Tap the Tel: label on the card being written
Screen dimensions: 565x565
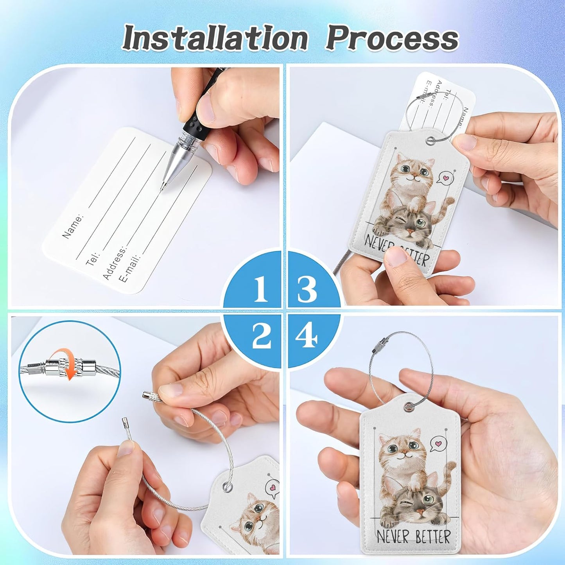[93, 258]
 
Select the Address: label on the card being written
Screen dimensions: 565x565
[115, 263]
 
